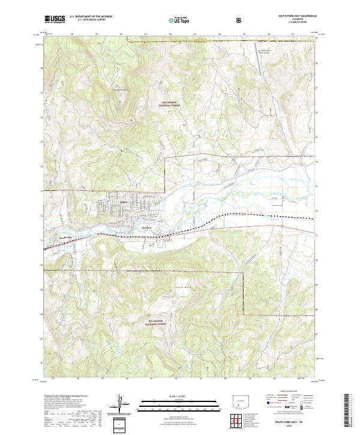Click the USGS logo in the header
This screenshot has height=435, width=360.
click(x=55, y=20)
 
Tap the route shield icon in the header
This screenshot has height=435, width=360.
click(x=240, y=20)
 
